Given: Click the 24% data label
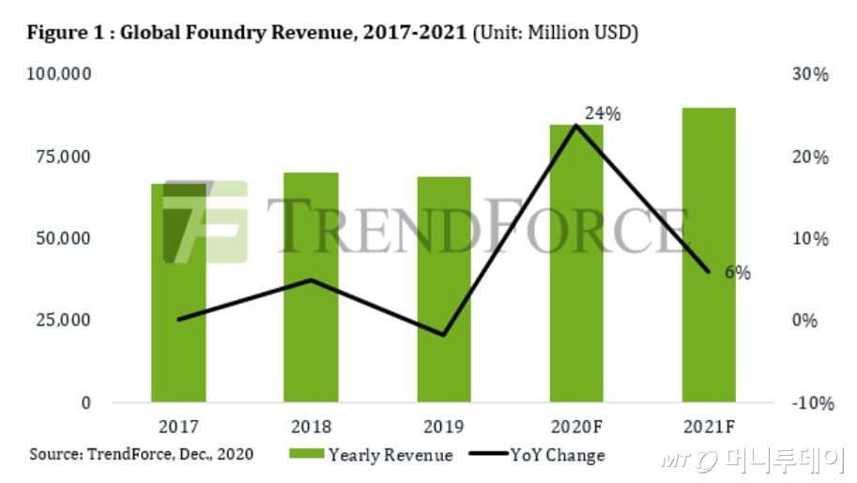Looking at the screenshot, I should (603, 113).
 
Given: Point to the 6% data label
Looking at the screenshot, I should (737, 274).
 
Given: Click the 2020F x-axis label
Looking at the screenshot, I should (576, 427).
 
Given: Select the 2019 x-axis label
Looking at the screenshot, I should (444, 427).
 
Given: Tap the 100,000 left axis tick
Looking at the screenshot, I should (58, 74).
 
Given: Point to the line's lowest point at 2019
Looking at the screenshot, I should (444, 335).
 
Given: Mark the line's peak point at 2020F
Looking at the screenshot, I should (576, 125).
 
